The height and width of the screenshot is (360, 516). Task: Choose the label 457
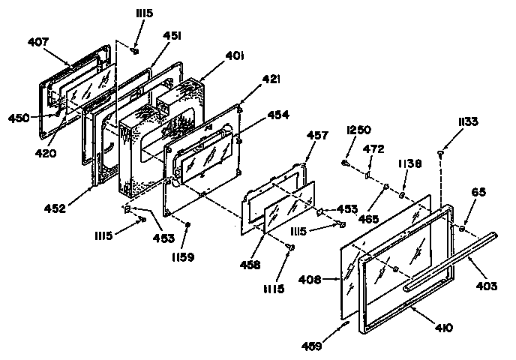317,136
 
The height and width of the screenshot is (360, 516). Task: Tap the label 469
333,347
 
